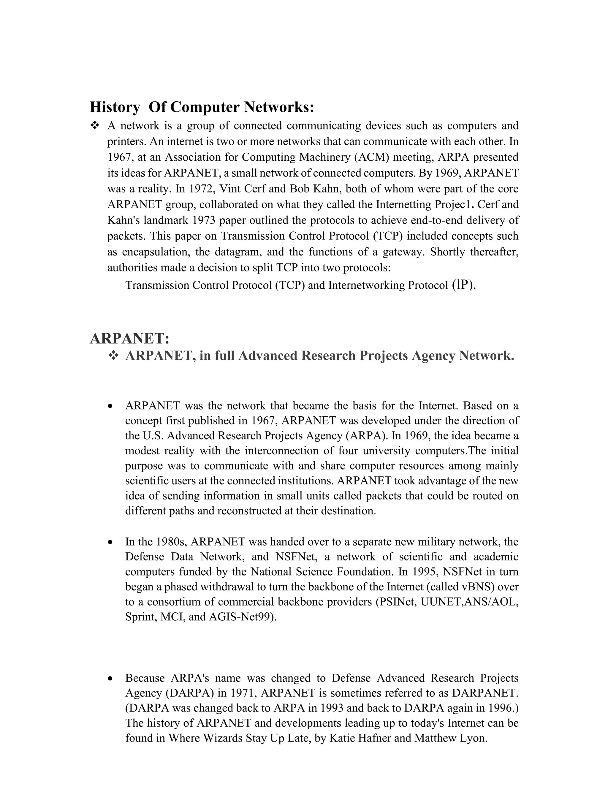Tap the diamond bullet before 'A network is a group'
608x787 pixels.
pos(95,126)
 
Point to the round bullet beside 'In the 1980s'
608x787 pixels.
pos(110,542)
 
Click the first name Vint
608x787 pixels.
pos(230,189)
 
